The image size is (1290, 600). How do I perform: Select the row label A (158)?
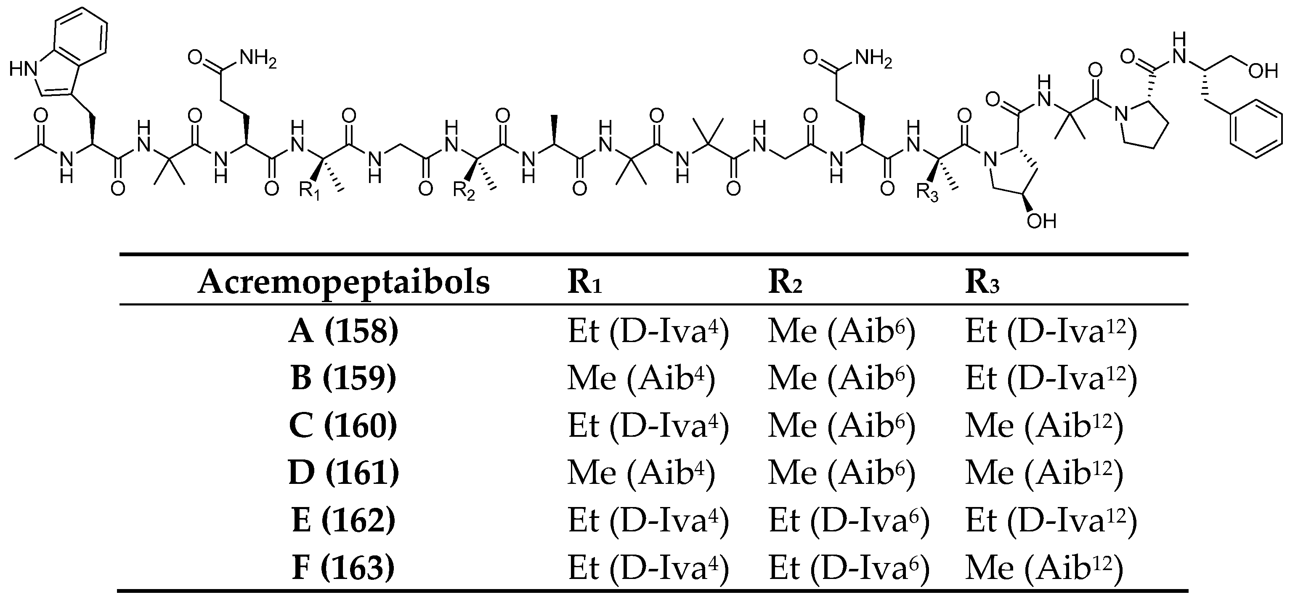click(343, 331)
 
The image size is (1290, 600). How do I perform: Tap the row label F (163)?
click(343, 568)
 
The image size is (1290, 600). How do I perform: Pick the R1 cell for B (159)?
click(641, 378)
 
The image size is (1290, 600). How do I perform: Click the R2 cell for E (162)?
click(849, 521)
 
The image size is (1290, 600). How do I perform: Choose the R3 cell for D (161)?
click(1045, 473)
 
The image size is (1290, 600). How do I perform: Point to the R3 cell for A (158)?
click(1051, 331)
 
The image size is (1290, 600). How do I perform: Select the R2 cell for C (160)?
click(842, 426)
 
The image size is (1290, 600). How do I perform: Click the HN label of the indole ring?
click(24, 69)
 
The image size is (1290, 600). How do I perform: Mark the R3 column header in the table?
click(982, 284)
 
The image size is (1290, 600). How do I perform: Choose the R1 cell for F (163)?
click(648, 568)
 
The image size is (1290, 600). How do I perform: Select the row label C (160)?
click(343, 426)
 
